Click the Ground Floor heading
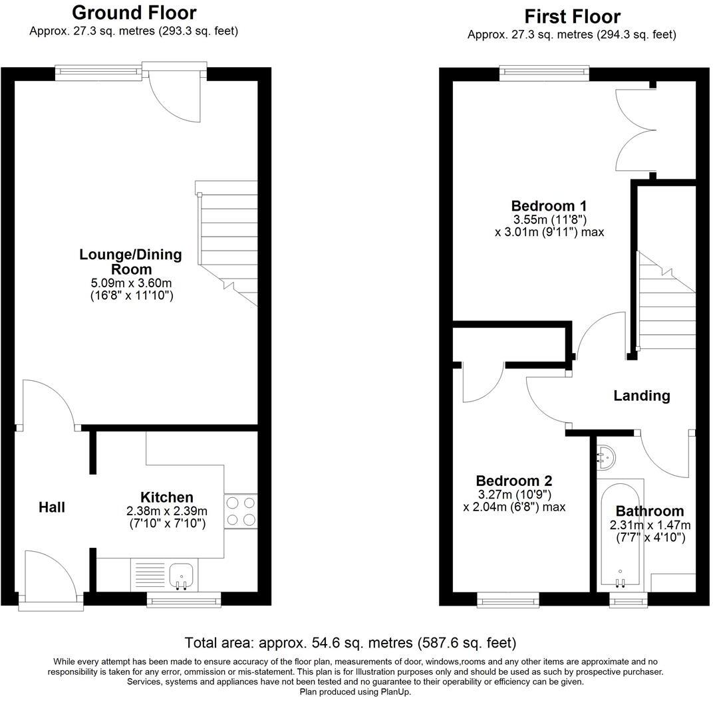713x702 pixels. click(x=134, y=13)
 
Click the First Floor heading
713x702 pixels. click(x=572, y=16)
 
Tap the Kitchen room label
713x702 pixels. click(x=166, y=497)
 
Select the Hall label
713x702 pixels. click(x=51, y=507)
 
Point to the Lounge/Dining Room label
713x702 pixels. click(x=130, y=262)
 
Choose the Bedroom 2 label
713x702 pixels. click(x=513, y=481)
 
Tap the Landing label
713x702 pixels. click(x=641, y=396)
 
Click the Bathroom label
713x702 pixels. click(x=649, y=511)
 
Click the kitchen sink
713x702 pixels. click(x=180, y=575)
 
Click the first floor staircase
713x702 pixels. click(x=666, y=302)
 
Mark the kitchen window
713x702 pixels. click(x=184, y=601)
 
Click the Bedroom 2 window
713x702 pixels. click(x=508, y=601)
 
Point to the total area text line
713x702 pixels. click(x=351, y=643)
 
